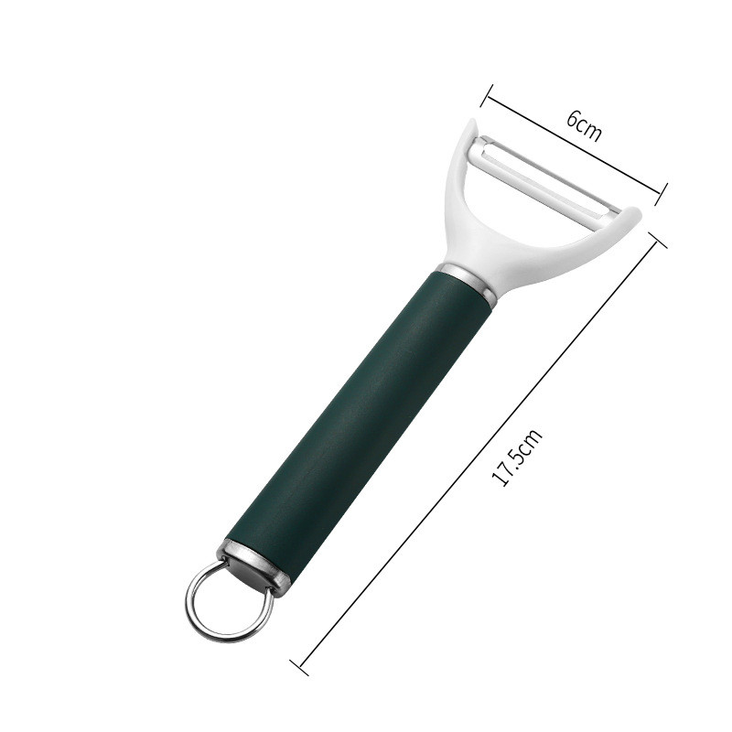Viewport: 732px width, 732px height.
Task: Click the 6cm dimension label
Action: pyautogui.click(x=584, y=125)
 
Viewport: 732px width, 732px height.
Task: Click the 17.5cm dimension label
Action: pyautogui.click(x=517, y=458)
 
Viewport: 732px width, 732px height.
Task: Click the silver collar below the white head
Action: pyautogui.click(x=468, y=282)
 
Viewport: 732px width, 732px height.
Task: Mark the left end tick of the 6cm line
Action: pyautogui.click(x=488, y=96)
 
